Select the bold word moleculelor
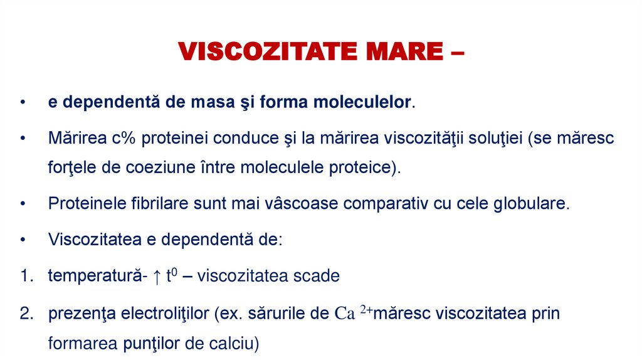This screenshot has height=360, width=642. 363,102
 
